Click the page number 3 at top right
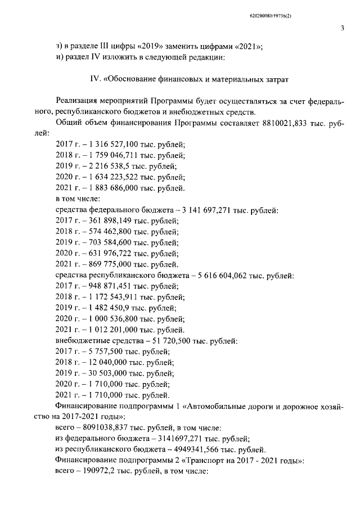pyautogui.click(x=341, y=29)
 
